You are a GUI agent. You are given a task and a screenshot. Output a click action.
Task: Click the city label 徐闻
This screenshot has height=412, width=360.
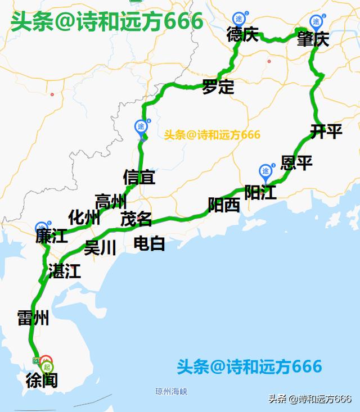42,381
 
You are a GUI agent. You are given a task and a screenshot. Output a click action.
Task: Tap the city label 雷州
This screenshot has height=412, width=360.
33,319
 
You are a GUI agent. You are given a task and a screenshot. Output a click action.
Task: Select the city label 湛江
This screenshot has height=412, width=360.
65,271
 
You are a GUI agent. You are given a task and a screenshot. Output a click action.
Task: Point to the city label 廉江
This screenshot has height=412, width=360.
52,236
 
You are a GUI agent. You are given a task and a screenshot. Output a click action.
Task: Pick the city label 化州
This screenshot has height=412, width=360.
84,218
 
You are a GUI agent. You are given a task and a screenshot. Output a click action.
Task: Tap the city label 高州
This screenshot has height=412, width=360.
110,201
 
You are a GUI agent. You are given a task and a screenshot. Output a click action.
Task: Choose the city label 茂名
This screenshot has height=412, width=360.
136,219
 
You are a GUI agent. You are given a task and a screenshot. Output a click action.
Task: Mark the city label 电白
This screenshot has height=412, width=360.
150,243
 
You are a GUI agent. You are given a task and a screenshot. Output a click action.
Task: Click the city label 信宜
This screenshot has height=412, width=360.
139,177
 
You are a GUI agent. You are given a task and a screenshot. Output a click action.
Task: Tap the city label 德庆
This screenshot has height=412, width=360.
242,35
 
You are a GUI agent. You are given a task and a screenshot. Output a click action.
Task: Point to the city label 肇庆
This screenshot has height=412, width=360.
313,39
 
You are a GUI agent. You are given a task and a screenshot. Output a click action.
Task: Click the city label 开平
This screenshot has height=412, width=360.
326,132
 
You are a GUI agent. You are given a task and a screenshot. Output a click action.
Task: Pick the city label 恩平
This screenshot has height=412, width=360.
296,163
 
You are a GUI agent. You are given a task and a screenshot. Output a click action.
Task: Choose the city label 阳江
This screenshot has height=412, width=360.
260,193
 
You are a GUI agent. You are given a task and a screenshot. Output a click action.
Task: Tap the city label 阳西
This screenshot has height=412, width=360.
224,205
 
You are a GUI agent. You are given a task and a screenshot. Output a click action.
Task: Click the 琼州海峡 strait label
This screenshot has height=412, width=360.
171,391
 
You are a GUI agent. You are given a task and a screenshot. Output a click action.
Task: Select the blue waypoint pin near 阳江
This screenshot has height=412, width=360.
265,170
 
